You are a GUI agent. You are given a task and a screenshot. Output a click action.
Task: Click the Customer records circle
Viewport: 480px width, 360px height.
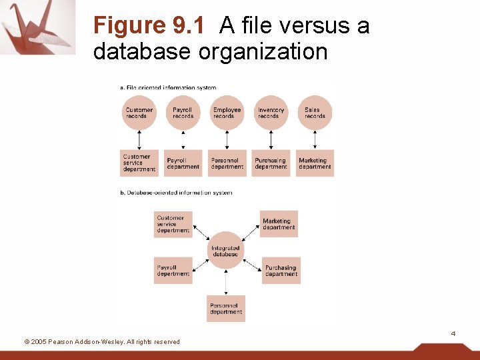pyautogui.click(x=139, y=113)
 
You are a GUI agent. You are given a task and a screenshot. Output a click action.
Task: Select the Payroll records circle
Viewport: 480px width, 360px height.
pyautogui.click(x=183, y=113)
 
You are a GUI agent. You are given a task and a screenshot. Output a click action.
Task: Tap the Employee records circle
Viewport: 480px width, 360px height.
pyautogui.click(x=227, y=113)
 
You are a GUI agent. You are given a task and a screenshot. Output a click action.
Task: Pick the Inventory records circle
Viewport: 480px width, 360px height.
pyautogui.click(x=271, y=113)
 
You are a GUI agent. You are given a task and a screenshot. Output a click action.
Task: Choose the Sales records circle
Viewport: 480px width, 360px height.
pyautogui.click(x=315, y=113)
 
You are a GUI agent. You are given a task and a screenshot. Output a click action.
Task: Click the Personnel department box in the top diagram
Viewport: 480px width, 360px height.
pyautogui.click(x=227, y=163)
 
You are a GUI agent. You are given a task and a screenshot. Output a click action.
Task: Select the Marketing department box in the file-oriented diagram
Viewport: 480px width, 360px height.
pyautogui.click(x=315, y=163)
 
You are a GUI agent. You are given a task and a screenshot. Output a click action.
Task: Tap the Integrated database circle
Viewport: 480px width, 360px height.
pyautogui.click(x=226, y=251)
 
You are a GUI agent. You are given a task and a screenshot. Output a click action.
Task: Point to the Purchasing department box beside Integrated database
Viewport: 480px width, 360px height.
pyautogui.click(x=281, y=271)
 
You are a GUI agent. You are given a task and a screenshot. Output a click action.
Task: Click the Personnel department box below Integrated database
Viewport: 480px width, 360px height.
pyautogui.click(x=226, y=309)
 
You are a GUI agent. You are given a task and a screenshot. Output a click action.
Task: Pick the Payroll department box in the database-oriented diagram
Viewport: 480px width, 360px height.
pyautogui.click(x=173, y=271)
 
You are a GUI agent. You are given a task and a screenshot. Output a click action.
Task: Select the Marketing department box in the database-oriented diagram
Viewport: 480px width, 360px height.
pyautogui.click(x=279, y=224)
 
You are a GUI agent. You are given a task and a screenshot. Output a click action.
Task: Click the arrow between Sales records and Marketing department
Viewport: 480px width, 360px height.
pyautogui.click(x=315, y=139)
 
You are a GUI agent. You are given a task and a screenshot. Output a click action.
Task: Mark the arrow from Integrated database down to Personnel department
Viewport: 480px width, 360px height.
pyautogui.click(x=226, y=282)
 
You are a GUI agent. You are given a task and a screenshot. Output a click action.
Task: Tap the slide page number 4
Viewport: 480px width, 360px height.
pyautogui.click(x=453, y=333)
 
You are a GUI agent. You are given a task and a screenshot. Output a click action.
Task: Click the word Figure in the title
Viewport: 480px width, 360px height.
pyautogui.click(x=129, y=26)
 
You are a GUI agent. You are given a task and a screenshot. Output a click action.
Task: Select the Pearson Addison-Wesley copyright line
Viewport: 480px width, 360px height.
pyautogui.click(x=102, y=342)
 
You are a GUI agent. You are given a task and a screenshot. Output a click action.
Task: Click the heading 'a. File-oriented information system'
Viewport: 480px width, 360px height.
pyautogui.click(x=168, y=87)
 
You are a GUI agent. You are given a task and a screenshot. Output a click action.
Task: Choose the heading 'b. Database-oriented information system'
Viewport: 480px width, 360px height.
pyautogui.click(x=176, y=193)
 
